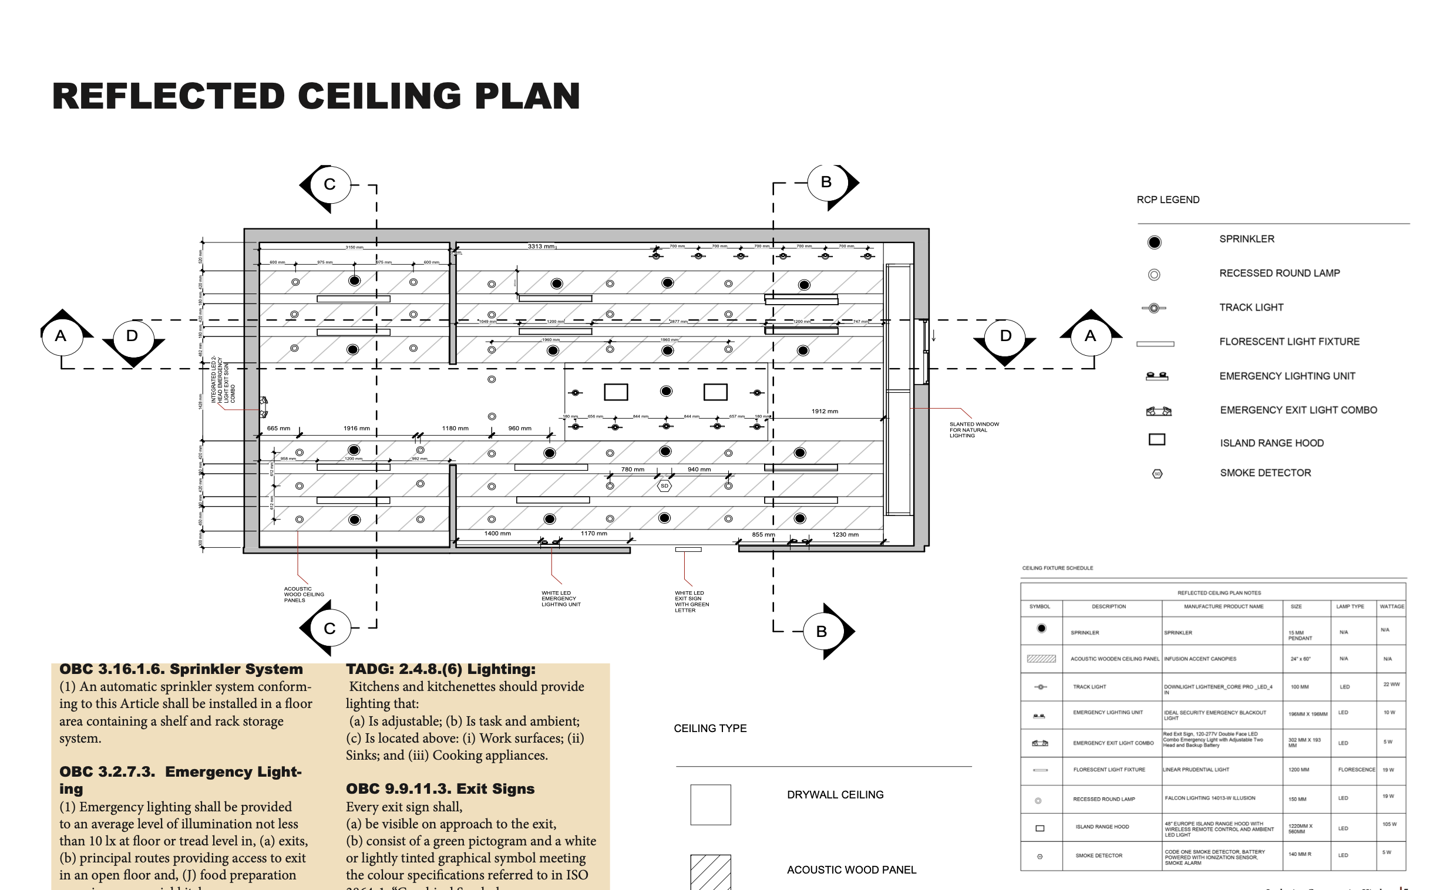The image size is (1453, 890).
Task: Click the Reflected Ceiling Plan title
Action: (316, 96)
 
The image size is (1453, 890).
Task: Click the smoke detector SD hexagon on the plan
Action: (665, 486)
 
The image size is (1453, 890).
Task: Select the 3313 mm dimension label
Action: (541, 247)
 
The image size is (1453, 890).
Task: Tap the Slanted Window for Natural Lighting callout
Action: (974, 430)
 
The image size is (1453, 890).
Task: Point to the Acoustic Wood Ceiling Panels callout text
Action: (303, 594)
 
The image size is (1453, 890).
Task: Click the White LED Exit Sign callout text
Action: (691, 601)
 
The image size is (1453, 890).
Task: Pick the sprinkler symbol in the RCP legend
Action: (1154, 242)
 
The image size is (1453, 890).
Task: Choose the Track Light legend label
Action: (1251, 307)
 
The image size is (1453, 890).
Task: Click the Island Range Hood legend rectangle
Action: (1156, 440)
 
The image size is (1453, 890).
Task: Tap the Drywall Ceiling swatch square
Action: (711, 804)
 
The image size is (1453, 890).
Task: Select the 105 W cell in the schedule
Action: (1389, 824)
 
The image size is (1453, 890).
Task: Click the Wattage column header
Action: (1391, 606)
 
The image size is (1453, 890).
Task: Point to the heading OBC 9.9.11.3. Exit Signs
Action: (440, 788)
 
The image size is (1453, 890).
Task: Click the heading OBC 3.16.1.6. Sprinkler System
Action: (181, 669)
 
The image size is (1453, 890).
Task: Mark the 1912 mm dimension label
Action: (825, 412)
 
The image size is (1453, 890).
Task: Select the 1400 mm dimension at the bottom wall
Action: (497, 534)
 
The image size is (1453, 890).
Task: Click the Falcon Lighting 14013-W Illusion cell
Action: (1209, 798)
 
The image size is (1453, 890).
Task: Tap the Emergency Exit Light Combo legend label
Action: (1298, 410)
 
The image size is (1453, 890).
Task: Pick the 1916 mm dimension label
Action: (356, 429)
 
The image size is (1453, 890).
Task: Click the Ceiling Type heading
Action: (710, 729)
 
